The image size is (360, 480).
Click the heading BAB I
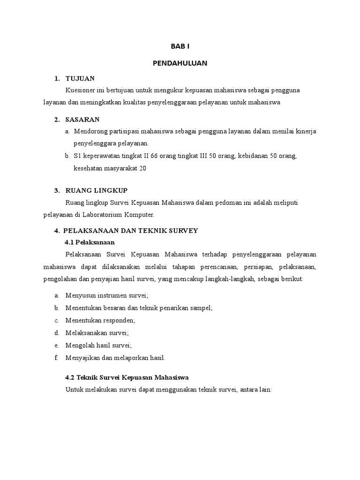180,46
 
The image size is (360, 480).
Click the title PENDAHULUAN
180,62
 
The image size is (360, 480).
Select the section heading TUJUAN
80,78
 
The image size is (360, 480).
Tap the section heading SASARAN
82,120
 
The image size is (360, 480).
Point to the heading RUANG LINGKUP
97,190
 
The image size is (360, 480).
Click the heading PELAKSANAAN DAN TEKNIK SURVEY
131,231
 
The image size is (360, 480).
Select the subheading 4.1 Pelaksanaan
90,242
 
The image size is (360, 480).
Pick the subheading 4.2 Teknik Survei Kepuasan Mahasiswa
127,377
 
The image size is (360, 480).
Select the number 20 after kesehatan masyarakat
143,168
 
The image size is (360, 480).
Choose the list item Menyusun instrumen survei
107,295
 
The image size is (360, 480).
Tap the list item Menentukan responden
101,321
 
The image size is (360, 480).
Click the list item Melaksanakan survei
97,333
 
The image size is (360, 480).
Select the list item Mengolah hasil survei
99,345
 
